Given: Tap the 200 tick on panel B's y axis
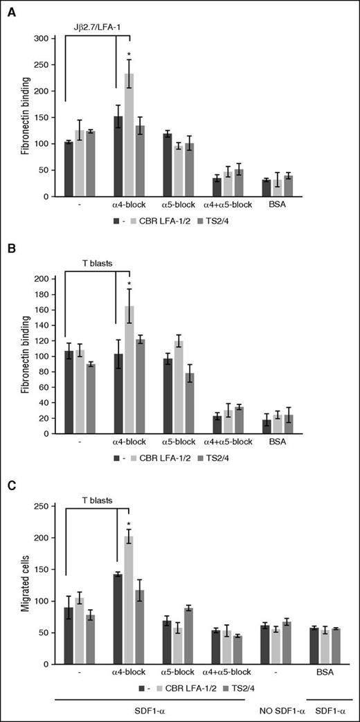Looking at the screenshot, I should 48,278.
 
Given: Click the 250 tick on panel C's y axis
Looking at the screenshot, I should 48,506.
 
